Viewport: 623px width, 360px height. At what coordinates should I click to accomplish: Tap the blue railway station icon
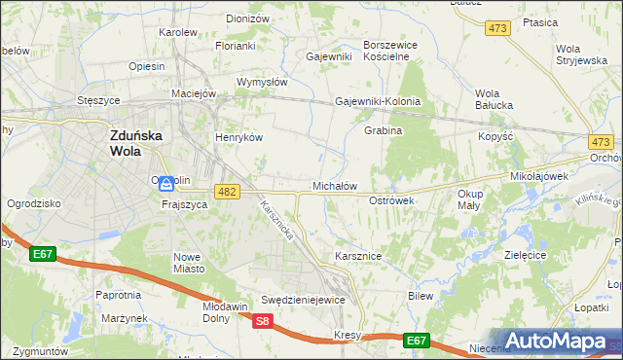pos(166,183)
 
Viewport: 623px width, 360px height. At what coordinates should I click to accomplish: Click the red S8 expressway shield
pos(262,321)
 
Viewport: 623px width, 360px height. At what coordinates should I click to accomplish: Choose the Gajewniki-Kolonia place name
pos(378,101)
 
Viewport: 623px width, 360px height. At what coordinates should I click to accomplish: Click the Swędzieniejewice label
pos(303,300)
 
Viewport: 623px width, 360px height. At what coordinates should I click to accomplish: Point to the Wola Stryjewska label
pos(581,54)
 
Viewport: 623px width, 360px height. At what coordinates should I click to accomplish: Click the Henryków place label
pos(239,137)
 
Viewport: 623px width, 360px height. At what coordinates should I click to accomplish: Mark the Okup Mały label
pos(468,199)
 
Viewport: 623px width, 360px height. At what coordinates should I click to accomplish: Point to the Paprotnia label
pos(119,294)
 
